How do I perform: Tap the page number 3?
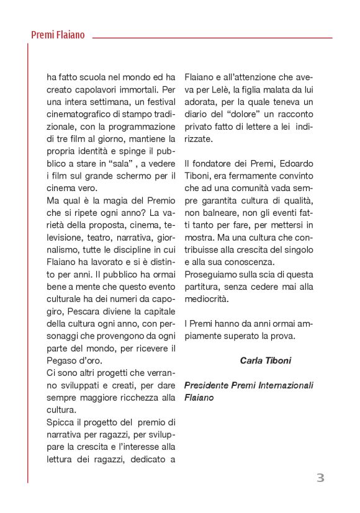point(320,478)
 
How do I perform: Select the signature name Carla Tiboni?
point(265,360)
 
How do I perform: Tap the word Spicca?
point(61,422)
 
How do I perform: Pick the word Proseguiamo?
point(212,274)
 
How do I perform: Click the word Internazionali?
point(282,385)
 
